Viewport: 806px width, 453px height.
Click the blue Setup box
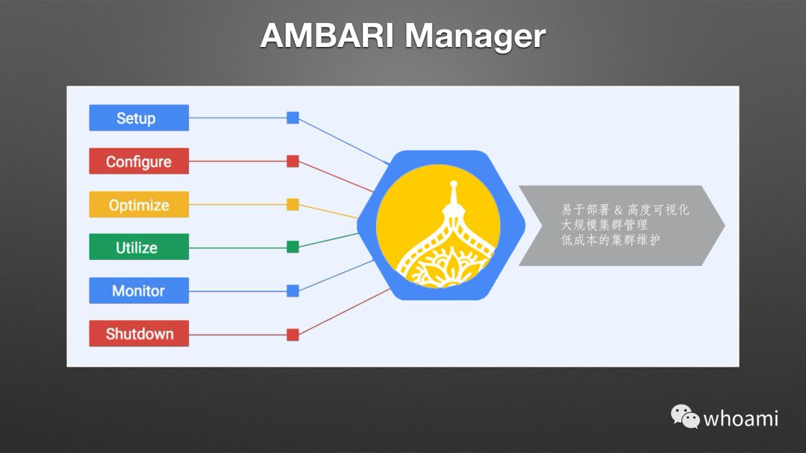139,118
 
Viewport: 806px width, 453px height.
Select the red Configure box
139,161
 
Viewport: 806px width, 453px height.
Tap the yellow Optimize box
139,205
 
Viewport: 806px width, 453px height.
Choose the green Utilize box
139,247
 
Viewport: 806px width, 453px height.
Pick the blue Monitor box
139,291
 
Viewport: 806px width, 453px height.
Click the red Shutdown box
139,334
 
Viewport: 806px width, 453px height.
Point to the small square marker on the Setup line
293,118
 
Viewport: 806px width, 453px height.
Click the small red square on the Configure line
293,161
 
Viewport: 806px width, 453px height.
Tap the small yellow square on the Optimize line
293,204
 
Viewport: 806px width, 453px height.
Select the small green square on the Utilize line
293,247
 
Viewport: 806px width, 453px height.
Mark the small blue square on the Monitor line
293,291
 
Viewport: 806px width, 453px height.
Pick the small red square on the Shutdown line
293,335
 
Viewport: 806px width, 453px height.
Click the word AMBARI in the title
325,36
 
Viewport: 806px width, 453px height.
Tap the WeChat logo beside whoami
684,416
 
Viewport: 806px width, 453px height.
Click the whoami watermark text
741,418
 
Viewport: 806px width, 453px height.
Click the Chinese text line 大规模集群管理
604,225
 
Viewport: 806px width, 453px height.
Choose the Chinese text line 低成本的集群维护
610,240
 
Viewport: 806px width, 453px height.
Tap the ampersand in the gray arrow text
618,210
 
